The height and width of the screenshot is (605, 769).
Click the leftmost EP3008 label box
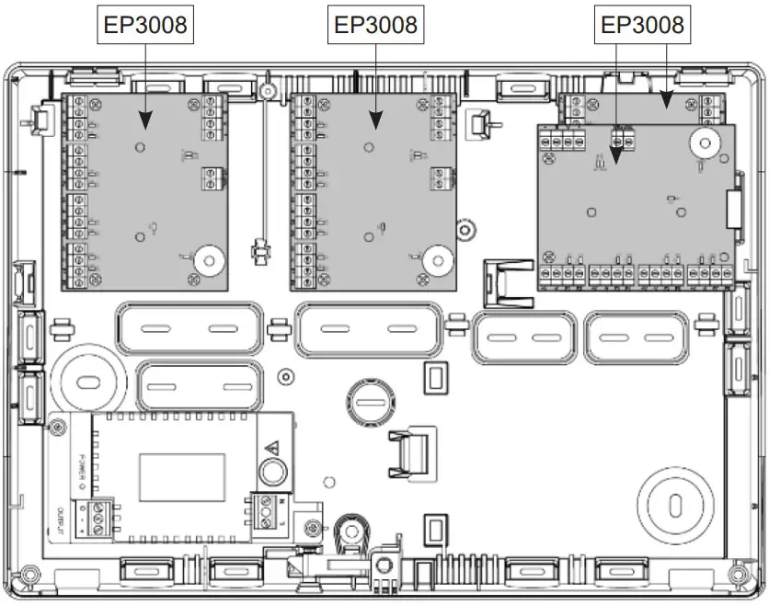point(145,25)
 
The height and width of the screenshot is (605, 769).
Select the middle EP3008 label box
point(375,25)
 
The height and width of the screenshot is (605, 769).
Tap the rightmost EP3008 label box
point(642,25)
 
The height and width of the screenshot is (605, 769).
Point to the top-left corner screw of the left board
point(78,101)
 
